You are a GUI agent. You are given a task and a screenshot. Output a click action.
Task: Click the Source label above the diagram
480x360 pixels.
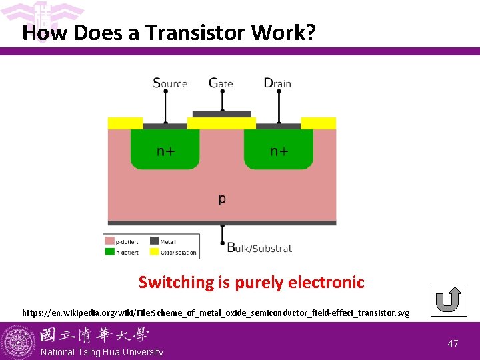tap(170, 83)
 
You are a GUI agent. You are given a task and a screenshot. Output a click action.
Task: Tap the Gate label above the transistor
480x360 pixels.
tap(221, 83)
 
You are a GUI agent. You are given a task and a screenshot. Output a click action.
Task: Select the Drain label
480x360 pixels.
tap(277, 83)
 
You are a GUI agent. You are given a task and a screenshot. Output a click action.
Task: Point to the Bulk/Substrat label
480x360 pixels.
tap(259, 248)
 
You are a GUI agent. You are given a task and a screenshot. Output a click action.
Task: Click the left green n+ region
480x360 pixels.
tap(165, 149)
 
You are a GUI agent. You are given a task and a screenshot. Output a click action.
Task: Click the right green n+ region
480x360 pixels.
tap(279, 149)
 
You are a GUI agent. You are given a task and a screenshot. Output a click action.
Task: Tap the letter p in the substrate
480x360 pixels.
tap(221, 199)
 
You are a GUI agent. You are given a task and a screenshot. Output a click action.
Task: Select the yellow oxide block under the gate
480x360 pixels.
tap(221, 123)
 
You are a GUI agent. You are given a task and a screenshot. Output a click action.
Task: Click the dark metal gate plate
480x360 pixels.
tap(221, 114)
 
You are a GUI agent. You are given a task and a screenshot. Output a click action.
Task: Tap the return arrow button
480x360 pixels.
tap(448, 300)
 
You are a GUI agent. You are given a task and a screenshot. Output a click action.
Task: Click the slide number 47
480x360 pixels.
tap(453, 343)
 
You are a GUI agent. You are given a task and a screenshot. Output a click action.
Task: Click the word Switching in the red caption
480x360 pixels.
tap(175, 282)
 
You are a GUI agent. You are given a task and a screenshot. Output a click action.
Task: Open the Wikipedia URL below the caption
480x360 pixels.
tap(215, 312)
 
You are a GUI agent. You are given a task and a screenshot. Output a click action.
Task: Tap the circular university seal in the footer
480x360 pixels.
tap(18, 341)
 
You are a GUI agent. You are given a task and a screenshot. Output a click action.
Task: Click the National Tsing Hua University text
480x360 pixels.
tap(101, 352)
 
